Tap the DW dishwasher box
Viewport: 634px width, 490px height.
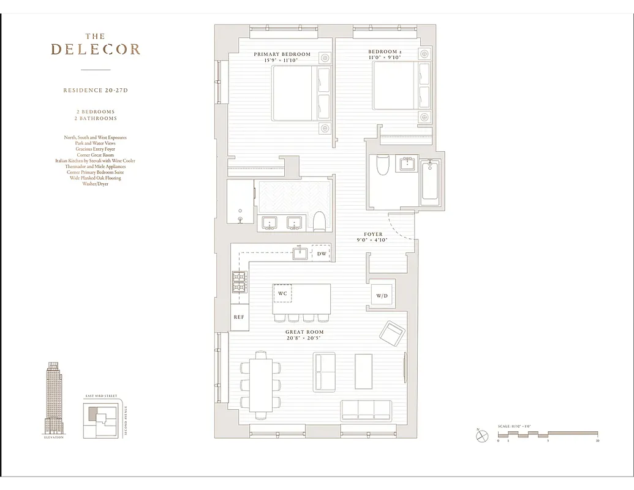click(x=321, y=253)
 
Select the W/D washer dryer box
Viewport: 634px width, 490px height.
click(x=382, y=296)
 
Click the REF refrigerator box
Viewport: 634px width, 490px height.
click(x=239, y=317)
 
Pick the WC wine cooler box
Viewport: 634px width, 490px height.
click(x=282, y=293)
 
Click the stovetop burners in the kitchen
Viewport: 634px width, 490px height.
click(x=238, y=282)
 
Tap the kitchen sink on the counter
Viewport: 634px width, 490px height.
click(x=300, y=252)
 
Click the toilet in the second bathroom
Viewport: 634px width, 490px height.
click(x=382, y=165)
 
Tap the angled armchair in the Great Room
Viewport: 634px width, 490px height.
click(x=391, y=334)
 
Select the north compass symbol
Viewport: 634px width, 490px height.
click(x=480, y=436)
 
